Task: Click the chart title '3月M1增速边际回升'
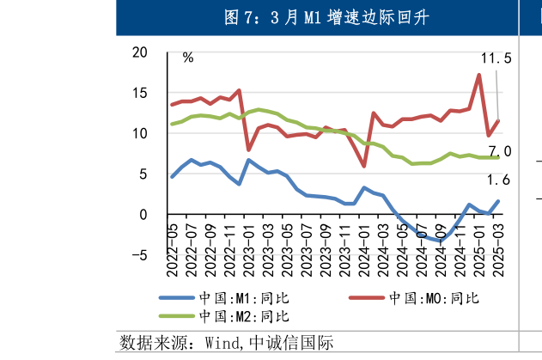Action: [x=326, y=18]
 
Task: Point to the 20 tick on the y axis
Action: [x=139, y=52]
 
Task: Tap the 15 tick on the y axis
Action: [x=139, y=93]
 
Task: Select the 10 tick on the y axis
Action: [x=139, y=133]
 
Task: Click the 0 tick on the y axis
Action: [x=143, y=214]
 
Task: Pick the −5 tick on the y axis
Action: [x=138, y=254]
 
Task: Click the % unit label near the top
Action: [x=187, y=58]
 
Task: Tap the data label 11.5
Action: [x=496, y=58]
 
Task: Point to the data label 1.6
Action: [x=499, y=180]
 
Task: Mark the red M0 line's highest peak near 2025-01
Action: [x=478, y=75]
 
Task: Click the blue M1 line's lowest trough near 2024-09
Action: [x=441, y=241]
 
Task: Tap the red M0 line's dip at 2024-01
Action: [x=364, y=166]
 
